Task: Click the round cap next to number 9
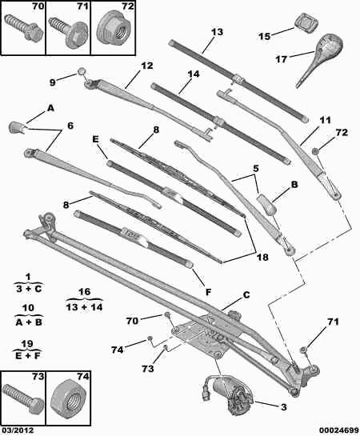[82, 71]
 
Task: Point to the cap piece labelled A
[17, 127]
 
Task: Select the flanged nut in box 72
[114, 31]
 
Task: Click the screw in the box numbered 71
[68, 31]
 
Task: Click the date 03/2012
[18, 430]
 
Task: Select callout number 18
[262, 257]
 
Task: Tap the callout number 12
[146, 66]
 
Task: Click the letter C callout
[246, 294]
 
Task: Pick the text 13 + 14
[84, 307]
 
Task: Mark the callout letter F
[208, 292]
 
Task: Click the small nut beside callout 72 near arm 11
[315, 151]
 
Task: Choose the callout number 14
[194, 74]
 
